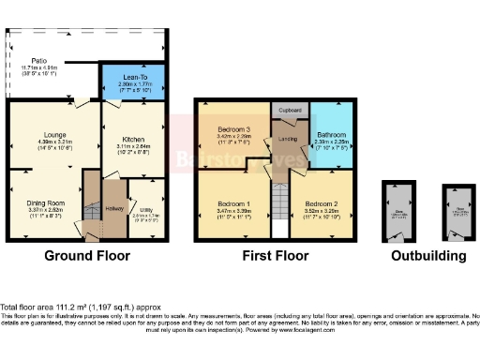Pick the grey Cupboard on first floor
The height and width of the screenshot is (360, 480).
(x=290, y=109)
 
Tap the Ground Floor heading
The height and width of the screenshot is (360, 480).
(x=86, y=256)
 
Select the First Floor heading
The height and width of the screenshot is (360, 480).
(x=276, y=256)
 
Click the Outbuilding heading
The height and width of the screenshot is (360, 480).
(x=427, y=256)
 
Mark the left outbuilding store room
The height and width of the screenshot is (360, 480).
(x=399, y=212)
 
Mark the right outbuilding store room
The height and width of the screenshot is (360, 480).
(x=458, y=212)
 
